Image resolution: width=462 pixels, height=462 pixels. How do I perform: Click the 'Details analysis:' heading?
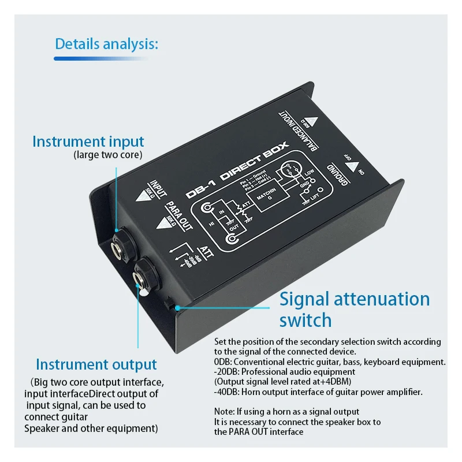[x=106, y=44]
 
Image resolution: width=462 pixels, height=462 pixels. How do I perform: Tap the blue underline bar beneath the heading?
[x=100, y=58]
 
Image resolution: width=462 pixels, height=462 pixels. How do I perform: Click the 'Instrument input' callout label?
[x=88, y=141]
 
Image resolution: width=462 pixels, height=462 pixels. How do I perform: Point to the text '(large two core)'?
[x=109, y=155]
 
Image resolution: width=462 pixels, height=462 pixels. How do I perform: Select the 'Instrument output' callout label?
[x=96, y=364]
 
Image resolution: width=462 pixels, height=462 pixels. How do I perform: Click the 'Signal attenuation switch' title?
[x=354, y=309]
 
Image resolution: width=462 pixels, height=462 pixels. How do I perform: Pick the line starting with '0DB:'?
[x=330, y=362]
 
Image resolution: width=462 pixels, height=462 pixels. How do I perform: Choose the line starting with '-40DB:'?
[x=319, y=392]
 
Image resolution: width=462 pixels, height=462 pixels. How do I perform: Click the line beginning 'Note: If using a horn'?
[x=286, y=411]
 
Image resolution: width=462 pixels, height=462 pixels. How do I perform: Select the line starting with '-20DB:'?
[x=285, y=372]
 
